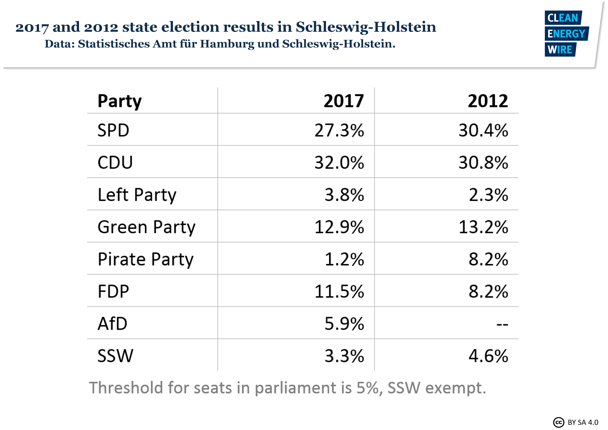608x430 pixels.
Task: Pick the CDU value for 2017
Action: (339, 162)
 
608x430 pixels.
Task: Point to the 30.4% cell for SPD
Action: (483, 130)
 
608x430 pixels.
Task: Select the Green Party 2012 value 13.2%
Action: (483, 227)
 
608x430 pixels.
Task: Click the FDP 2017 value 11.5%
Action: (339, 291)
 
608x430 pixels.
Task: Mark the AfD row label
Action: (112, 324)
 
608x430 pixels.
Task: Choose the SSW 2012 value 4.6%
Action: (488, 356)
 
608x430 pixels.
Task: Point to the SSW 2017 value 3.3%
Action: (344, 356)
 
